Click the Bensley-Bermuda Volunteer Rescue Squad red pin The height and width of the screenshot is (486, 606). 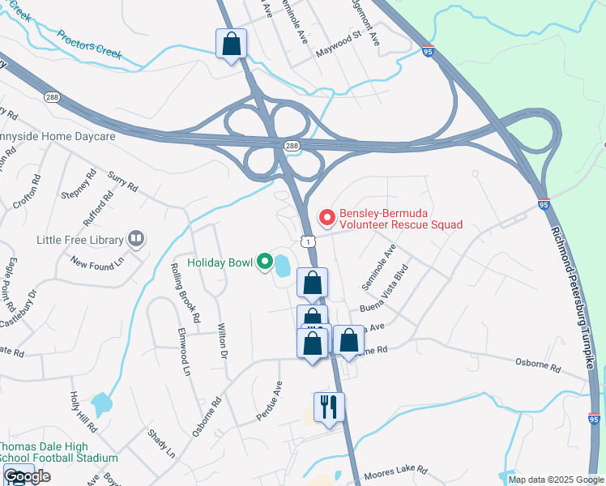[327, 217]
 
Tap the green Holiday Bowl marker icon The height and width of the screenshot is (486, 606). [264, 262]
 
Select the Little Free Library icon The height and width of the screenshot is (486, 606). [136, 239]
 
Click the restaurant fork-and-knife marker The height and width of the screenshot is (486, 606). [329, 407]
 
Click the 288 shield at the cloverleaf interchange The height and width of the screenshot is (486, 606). [291, 145]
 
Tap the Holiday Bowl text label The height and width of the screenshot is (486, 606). [220, 262]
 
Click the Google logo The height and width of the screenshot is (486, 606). [28, 476]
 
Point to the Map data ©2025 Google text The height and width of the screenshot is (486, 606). [556, 480]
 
